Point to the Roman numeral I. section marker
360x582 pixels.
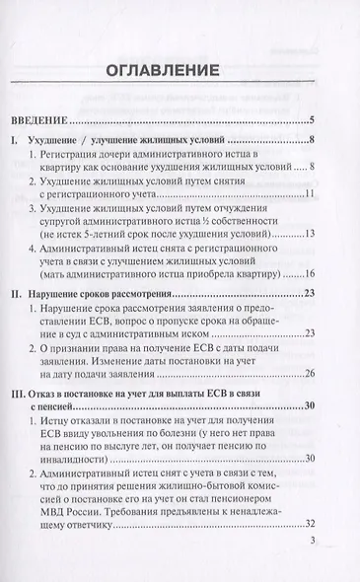pyautogui.click(x=13, y=142)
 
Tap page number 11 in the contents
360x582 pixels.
pyautogui.click(x=308, y=193)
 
